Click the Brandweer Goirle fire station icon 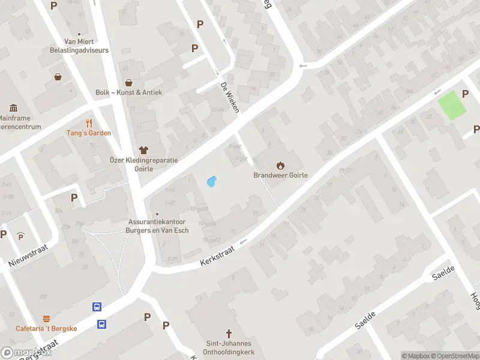(280, 165)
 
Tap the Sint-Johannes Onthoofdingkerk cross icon (228, 333)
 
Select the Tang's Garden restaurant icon (89, 123)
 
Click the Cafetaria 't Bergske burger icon (46, 319)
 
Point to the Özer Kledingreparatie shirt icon (143, 150)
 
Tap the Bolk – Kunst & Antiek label (128, 92)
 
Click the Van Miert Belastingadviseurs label (86, 46)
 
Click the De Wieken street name (230, 97)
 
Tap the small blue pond (211, 181)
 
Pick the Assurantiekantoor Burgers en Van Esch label (158, 225)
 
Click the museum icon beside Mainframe (13, 108)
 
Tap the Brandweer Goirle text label (280, 175)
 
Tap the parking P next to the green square (465, 94)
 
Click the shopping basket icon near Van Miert (58, 77)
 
